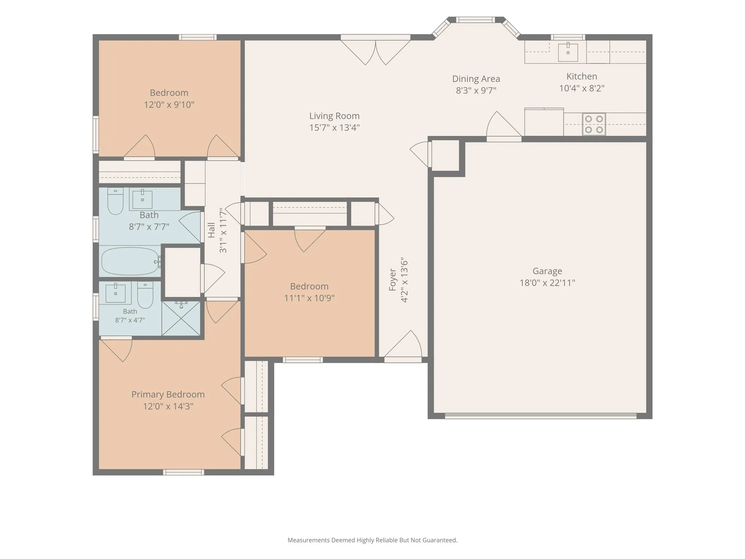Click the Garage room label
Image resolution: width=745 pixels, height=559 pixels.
pos(547,271)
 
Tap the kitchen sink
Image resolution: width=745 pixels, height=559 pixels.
pos(568,52)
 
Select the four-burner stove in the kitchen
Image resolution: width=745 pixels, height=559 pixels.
pos(594,124)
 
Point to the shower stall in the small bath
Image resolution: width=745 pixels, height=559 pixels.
pos(181,318)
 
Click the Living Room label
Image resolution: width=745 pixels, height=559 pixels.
pos(334,116)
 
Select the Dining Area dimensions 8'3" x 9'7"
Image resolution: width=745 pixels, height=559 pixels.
pos(476,90)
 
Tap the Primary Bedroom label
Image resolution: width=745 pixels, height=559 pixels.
pos(168,395)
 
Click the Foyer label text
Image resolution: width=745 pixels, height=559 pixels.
pos(392,280)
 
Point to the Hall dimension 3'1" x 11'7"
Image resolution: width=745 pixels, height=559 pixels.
pos(223,230)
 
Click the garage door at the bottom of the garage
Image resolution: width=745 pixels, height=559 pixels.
pos(541,416)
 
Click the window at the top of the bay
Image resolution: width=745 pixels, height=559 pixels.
pos(475,20)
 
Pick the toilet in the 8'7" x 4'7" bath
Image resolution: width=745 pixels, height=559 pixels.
pos(145,295)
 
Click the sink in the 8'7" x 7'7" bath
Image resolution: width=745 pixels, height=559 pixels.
pos(142,199)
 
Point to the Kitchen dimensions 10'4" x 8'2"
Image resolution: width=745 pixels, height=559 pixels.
pos(582,88)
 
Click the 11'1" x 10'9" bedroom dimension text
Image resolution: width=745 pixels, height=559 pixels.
pos(309,298)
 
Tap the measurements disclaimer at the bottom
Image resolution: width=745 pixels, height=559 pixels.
pos(372,540)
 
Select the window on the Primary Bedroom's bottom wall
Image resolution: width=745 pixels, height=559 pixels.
pos(183,472)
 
